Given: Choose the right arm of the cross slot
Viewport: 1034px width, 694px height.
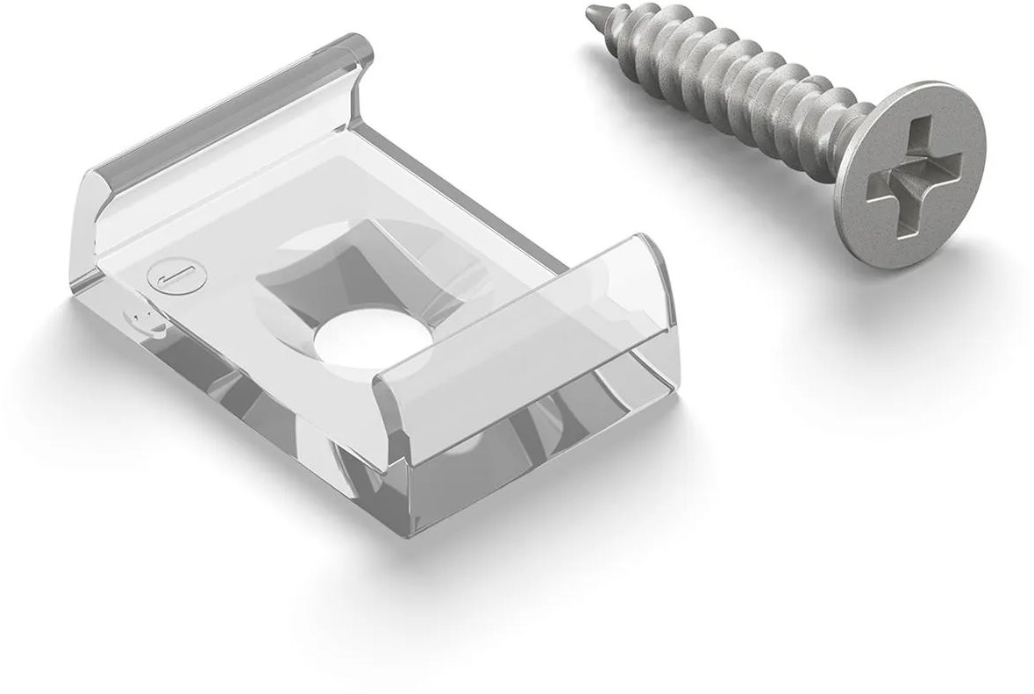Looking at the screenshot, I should coord(946,156).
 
